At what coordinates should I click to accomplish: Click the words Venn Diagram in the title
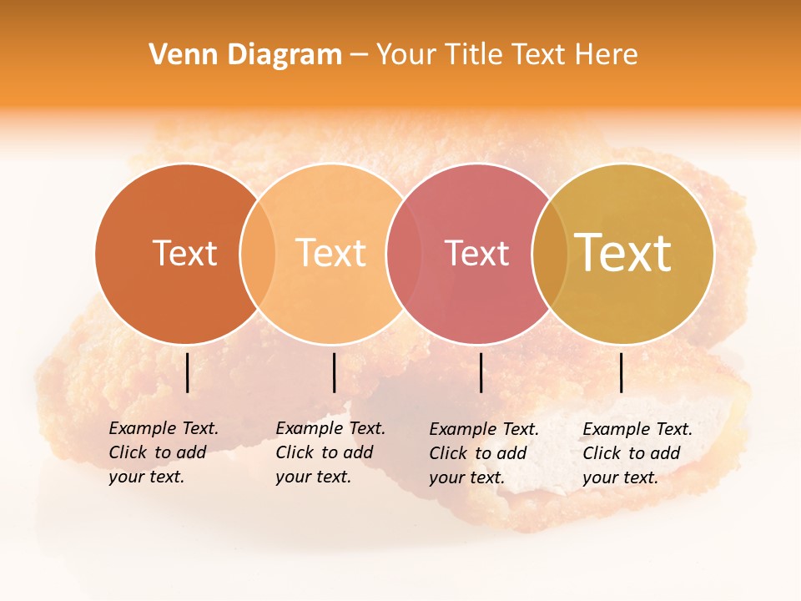click(x=245, y=55)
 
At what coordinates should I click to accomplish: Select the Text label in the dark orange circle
click(x=184, y=253)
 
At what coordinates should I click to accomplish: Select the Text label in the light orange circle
click(x=331, y=253)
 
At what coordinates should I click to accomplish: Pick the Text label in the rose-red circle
click(x=476, y=253)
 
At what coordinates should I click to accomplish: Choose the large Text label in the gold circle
click(x=623, y=252)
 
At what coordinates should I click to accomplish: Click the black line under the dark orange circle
click(x=187, y=372)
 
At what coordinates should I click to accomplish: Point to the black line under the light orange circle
click(x=334, y=372)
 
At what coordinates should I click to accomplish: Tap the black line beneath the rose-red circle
click(x=481, y=372)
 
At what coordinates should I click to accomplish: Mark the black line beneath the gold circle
click(x=622, y=372)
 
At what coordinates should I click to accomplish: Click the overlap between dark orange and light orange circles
click(x=258, y=253)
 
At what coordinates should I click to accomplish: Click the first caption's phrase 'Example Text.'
click(x=164, y=428)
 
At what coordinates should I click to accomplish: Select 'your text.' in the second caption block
click(x=313, y=477)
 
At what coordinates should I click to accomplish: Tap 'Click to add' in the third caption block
click(x=478, y=453)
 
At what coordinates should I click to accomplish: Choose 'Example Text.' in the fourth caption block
click(x=637, y=429)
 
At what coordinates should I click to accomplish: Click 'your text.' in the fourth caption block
click(x=620, y=477)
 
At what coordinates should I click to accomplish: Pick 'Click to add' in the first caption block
click(x=158, y=452)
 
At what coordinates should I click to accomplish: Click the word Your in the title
click(x=406, y=55)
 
